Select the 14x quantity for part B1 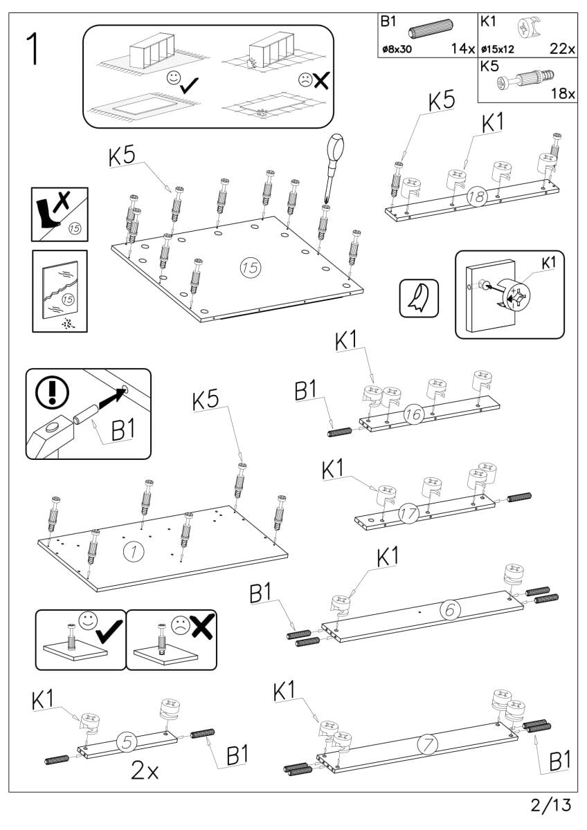(x=461, y=49)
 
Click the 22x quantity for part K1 (x=562, y=49)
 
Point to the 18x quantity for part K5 (x=563, y=94)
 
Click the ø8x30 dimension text (x=398, y=50)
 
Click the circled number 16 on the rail (x=413, y=416)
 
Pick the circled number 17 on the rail (x=408, y=513)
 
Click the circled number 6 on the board (x=449, y=610)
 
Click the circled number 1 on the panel (x=132, y=551)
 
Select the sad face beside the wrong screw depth (x=180, y=625)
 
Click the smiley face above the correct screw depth (x=87, y=619)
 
